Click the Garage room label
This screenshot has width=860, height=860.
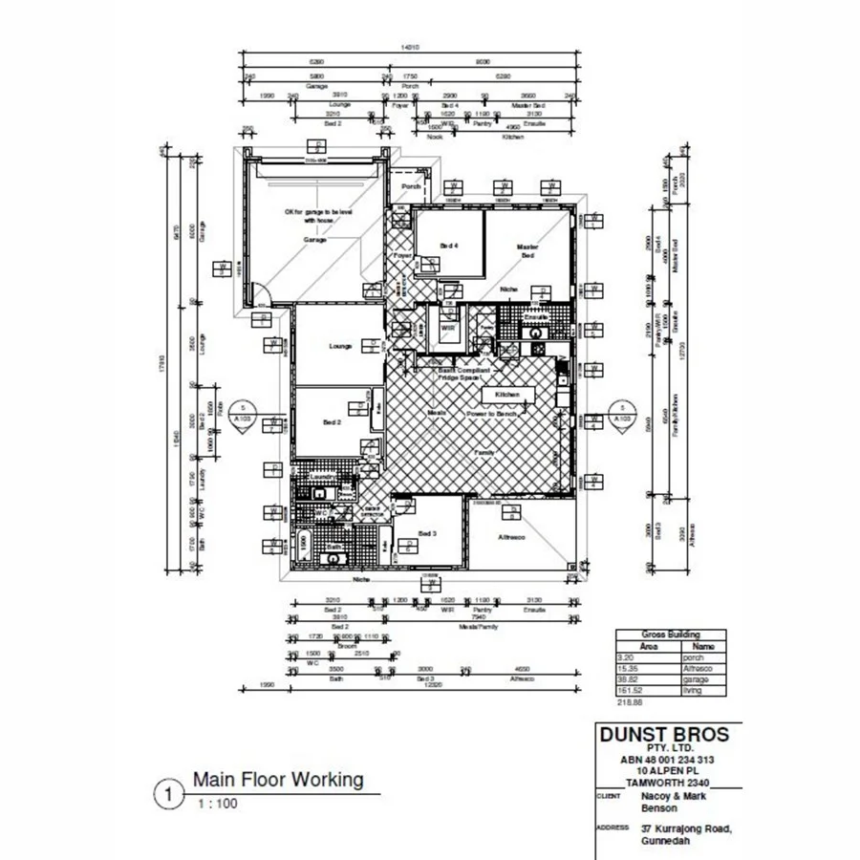point(315,240)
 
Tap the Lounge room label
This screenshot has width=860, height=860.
point(340,346)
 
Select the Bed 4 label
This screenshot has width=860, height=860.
point(449,246)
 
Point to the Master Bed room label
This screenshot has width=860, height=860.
point(527,251)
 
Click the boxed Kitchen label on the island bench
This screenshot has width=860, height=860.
point(506,394)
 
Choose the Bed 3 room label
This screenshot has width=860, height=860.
point(427,533)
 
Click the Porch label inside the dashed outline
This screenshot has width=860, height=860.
point(411,187)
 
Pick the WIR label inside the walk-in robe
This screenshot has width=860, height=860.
point(446,328)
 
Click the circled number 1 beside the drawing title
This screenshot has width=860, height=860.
point(169,793)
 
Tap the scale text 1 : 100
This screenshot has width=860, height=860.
point(218,804)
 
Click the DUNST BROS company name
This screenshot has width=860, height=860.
point(663,735)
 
